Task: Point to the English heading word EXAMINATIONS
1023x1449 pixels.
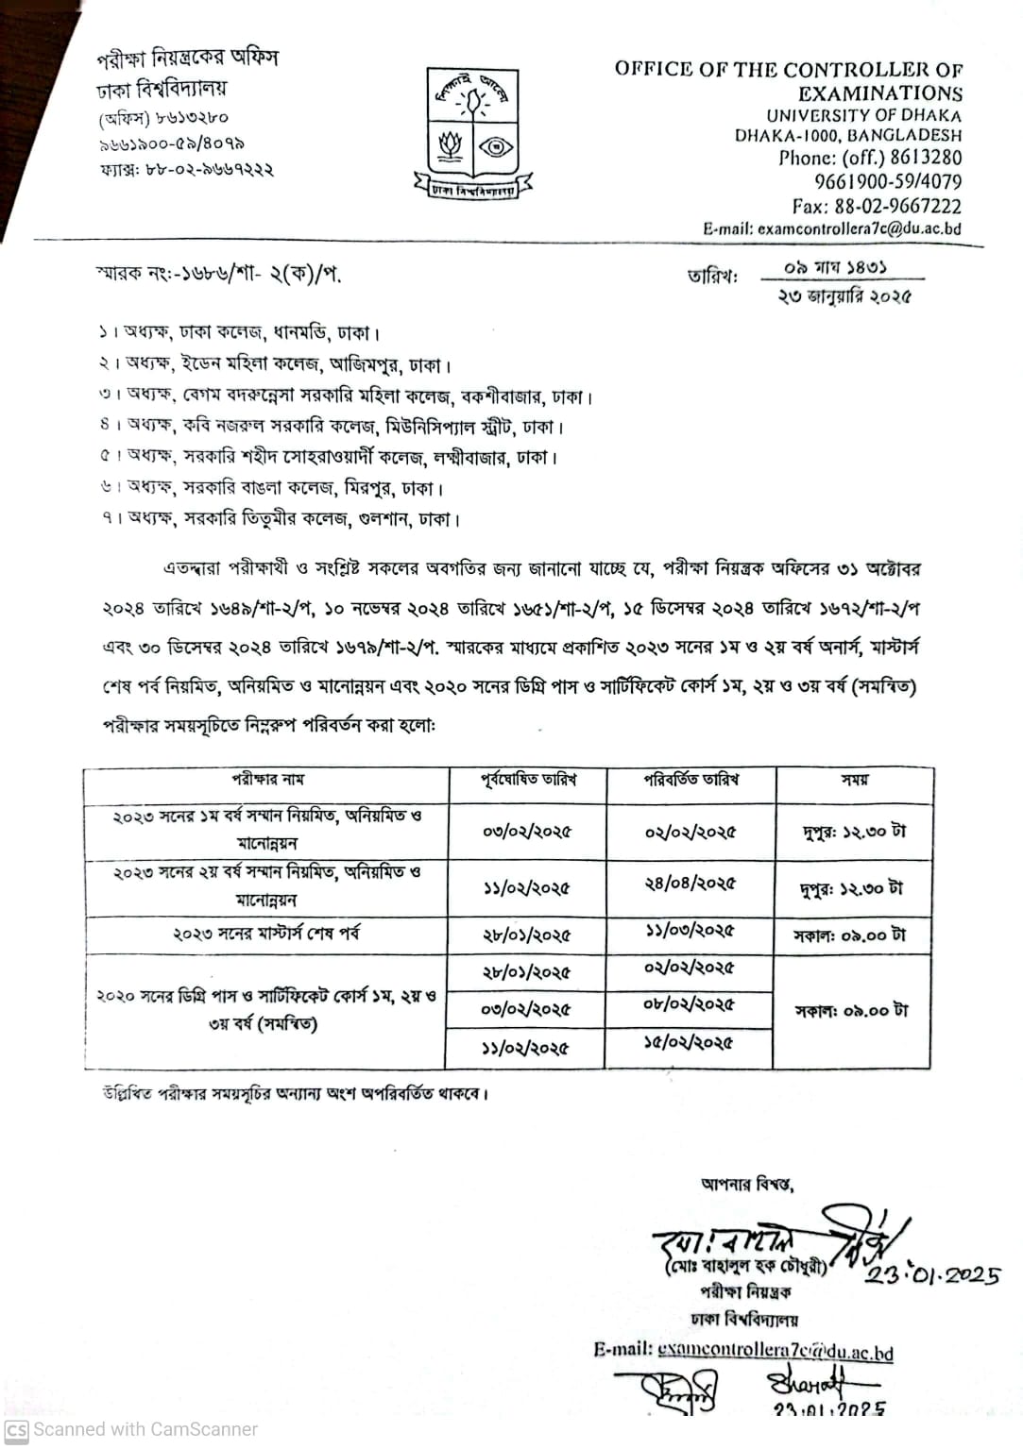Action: click(x=879, y=93)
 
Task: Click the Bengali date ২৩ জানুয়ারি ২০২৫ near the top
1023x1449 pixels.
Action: click(x=844, y=296)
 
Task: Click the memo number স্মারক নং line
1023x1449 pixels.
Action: click(x=218, y=275)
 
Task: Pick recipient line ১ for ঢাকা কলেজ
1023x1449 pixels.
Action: click(x=240, y=333)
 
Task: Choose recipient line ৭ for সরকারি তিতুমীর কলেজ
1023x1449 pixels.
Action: click(x=281, y=519)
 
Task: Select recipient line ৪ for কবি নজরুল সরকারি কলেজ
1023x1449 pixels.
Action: click(x=332, y=427)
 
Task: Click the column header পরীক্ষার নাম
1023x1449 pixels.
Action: click(x=267, y=781)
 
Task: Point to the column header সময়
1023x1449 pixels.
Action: click(x=855, y=781)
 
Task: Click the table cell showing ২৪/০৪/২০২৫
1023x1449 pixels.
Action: click(x=690, y=885)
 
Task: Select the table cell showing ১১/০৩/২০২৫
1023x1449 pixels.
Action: click(x=690, y=931)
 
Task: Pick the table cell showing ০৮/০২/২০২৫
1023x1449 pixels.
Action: click(x=689, y=1005)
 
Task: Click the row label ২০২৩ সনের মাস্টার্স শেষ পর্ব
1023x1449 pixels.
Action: click(x=265, y=935)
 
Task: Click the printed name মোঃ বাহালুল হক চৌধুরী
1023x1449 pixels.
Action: click(x=745, y=1267)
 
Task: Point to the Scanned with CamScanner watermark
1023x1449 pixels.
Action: click(x=131, y=1429)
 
